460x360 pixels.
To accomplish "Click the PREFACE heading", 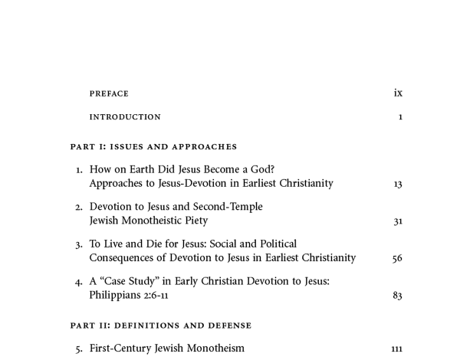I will [x=109, y=94].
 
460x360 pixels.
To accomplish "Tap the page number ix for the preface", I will [x=398, y=93].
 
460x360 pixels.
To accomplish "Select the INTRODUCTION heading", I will [x=125, y=117].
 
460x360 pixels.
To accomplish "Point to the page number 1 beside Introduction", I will [x=400, y=117].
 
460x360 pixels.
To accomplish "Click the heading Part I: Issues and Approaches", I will [x=153, y=146].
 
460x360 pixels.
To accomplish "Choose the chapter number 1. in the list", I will [x=79, y=170].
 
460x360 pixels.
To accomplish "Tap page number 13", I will [x=397, y=184].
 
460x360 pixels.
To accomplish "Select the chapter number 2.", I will [x=79, y=208].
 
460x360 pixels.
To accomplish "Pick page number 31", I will [x=397, y=221].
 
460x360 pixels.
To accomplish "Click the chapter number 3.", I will [x=79, y=245].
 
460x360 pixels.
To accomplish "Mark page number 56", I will [x=397, y=259].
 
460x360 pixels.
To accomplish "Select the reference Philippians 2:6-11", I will [x=129, y=295].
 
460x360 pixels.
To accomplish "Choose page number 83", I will [x=397, y=296].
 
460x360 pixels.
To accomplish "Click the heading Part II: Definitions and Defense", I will [x=161, y=326].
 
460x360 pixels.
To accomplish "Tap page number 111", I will [x=396, y=349].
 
